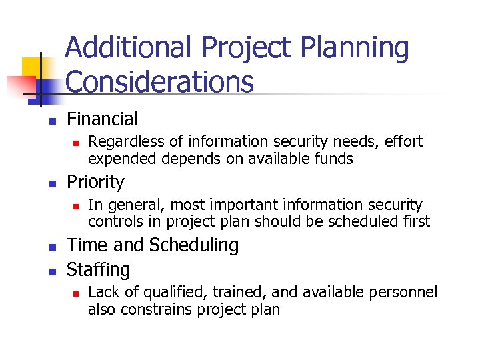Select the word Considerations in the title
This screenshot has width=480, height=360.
[x=160, y=83]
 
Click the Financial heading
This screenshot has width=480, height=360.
[x=102, y=120]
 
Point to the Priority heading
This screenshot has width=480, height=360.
[x=95, y=182]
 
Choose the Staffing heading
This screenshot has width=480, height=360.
[x=98, y=270]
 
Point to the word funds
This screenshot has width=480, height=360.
[x=335, y=159]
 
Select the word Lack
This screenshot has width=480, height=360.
[x=101, y=293]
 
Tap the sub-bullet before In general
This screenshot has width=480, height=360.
[x=77, y=205]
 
